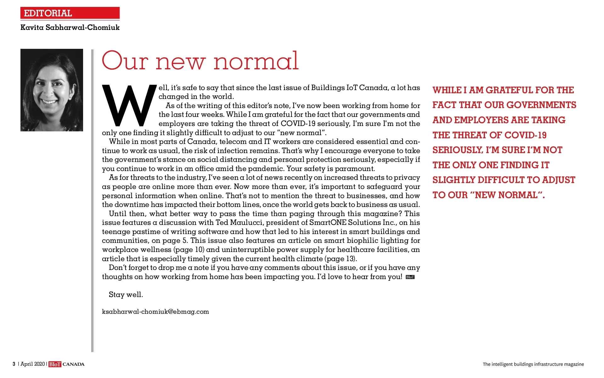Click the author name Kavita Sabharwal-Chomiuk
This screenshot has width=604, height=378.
(70, 27)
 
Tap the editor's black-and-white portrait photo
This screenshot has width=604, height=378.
(52, 90)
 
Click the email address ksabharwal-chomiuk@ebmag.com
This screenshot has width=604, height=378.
(155, 312)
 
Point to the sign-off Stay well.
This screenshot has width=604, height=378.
(126, 295)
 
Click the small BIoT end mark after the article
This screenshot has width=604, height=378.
(410, 277)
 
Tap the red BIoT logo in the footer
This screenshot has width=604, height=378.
(55, 364)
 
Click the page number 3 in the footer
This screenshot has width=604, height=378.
(14, 364)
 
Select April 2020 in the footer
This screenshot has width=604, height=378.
(33, 364)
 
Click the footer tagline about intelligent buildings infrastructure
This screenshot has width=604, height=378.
(533, 364)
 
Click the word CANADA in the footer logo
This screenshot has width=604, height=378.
(74, 364)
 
